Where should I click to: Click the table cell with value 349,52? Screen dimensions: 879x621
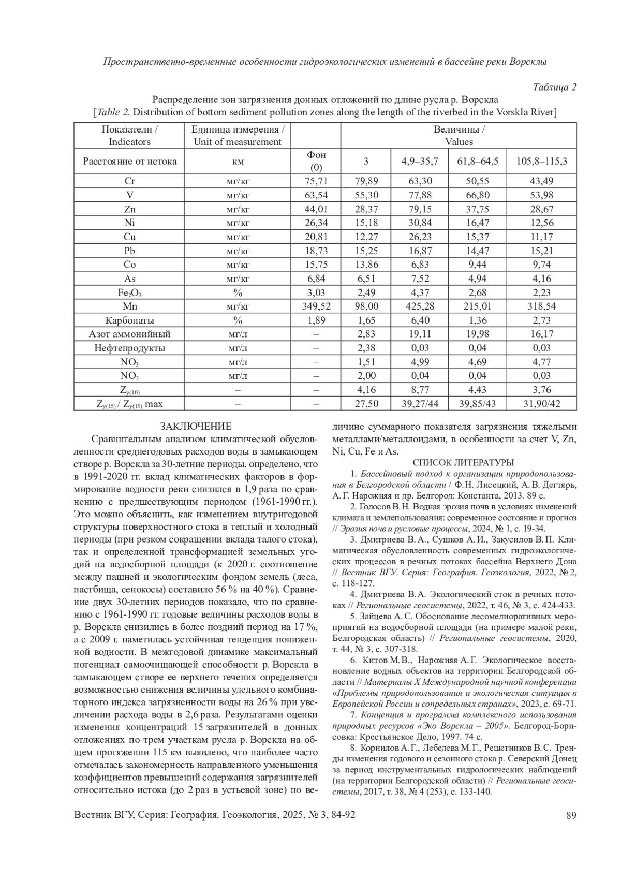click(x=316, y=306)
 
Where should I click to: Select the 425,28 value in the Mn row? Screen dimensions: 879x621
click(x=420, y=306)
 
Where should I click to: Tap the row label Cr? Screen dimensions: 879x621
click(x=130, y=181)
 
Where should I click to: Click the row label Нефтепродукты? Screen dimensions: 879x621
click(x=130, y=348)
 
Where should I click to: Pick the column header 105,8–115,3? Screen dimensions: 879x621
click(x=541, y=161)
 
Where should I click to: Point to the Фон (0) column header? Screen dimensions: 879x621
click(x=316, y=161)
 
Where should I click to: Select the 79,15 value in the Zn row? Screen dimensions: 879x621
click(x=420, y=209)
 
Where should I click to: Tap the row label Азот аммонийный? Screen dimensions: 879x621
click(x=130, y=334)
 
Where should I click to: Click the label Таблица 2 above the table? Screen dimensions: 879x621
click(x=554, y=87)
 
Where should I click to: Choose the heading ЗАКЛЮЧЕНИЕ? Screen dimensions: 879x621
click(x=196, y=427)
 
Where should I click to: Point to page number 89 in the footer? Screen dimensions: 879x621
click(x=571, y=816)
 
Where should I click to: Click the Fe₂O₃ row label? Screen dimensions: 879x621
click(x=130, y=293)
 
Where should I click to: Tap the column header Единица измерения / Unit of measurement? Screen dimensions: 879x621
click(x=238, y=136)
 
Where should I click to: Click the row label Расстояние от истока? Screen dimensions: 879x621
click(x=130, y=161)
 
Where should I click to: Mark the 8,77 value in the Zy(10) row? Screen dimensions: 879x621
click(x=420, y=390)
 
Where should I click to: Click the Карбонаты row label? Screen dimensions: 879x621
click(x=130, y=320)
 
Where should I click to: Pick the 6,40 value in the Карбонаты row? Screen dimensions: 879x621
click(x=420, y=320)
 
